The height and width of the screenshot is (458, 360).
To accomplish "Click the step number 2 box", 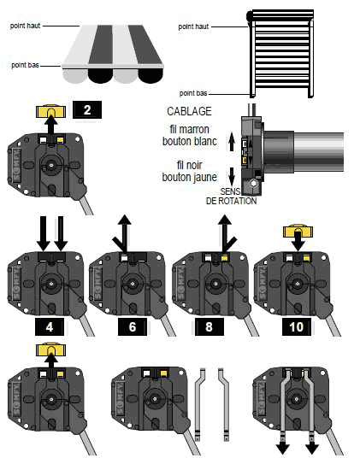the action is (x=87, y=110).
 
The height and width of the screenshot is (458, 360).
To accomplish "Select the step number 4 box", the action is (x=50, y=326).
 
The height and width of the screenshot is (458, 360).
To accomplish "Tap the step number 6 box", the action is (x=133, y=326).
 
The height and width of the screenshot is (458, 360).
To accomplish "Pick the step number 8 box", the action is (x=210, y=326).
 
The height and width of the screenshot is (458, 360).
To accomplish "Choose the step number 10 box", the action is (x=297, y=326).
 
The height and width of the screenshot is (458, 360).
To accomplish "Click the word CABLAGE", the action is (x=189, y=111).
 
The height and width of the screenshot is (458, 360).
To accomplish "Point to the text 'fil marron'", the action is (x=189, y=129).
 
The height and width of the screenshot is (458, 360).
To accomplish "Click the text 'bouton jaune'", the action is (x=189, y=177).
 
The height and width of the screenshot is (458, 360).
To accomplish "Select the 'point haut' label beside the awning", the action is (x=25, y=26).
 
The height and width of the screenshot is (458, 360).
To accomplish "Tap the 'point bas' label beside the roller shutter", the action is (x=193, y=93).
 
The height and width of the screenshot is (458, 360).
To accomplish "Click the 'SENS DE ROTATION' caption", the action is (x=231, y=197).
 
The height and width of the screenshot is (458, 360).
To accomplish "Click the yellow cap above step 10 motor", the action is (x=298, y=231).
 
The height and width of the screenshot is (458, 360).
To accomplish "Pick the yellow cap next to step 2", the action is (x=50, y=111).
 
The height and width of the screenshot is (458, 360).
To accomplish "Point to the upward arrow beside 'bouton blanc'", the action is (x=232, y=141).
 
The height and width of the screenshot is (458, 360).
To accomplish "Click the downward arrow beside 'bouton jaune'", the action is (x=232, y=176).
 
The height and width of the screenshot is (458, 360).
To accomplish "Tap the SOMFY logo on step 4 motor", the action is (x=17, y=284).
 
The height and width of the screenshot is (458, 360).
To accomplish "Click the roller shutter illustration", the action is (x=280, y=54).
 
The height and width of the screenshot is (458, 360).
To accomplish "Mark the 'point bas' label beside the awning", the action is (x=25, y=65).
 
